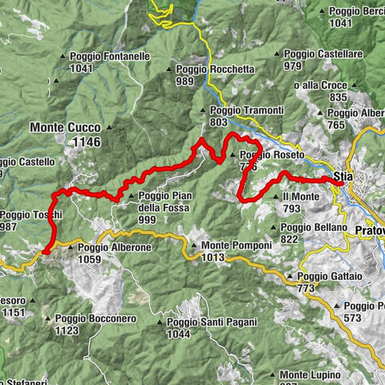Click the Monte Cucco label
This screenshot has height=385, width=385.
tap(65, 128)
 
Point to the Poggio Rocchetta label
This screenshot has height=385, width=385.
tap(214, 70)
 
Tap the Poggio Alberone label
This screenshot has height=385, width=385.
tap(114, 248)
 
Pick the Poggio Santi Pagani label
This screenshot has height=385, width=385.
tap(212, 322)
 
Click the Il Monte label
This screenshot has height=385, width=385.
tap(298, 196)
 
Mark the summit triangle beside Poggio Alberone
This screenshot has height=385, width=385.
tap(71, 249)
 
